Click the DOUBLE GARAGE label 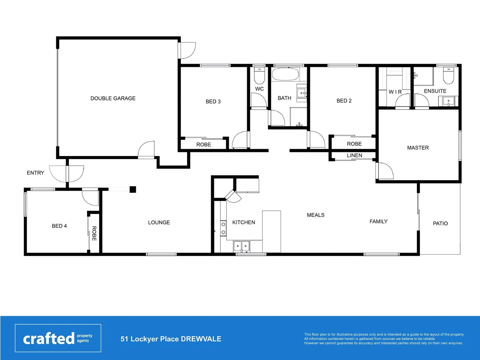(113, 98)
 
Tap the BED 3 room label (213, 101)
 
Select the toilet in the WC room (259, 76)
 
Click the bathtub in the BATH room (285, 74)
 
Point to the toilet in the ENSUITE (448, 76)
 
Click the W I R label (395, 92)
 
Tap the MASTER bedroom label (418, 148)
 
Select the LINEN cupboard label (354, 155)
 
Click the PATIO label (440, 223)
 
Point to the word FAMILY (378, 221)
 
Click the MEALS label (316, 215)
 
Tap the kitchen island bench (272, 231)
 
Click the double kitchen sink (241, 246)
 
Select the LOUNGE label (159, 222)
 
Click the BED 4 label (59, 226)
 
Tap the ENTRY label (35, 173)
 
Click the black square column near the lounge (133, 189)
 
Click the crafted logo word (49, 339)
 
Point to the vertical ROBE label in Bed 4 (94, 233)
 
